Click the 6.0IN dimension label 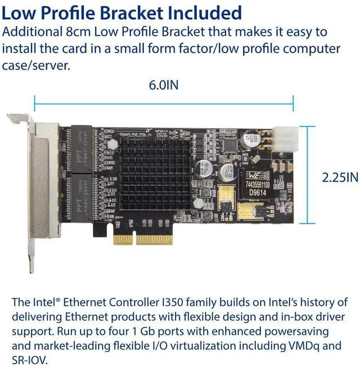pos(164,86)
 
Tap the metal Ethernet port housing pos(43,180)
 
